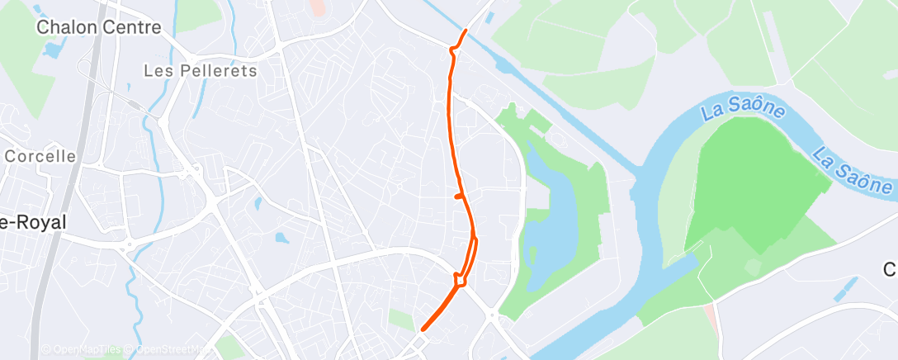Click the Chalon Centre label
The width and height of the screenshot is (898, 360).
[x=98, y=27]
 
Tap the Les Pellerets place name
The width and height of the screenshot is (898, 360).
[x=200, y=71]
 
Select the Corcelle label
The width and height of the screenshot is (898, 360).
[x=40, y=155]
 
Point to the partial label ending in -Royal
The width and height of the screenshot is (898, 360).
[x=33, y=222]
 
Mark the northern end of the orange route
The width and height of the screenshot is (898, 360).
[x=466, y=31]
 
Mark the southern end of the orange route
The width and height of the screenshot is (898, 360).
[x=423, y=329]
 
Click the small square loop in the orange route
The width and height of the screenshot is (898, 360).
[x=459, y=277]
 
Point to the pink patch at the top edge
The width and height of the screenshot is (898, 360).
[x=317, y=8]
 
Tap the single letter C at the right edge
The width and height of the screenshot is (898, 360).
[x=891, y=270]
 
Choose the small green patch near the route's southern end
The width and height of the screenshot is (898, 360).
[x=401, y=320]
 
